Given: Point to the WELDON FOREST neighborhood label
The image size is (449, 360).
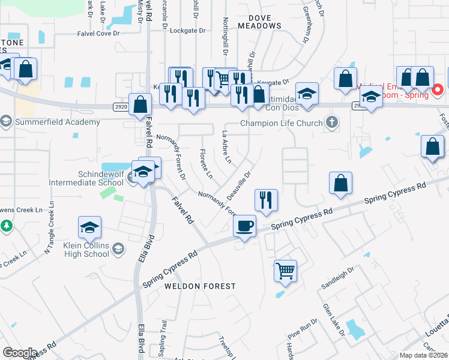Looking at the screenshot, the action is [200, 286].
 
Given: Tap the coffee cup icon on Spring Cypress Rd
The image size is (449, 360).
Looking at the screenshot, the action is [244, 226].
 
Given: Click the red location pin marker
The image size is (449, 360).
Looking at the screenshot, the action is [438, 91].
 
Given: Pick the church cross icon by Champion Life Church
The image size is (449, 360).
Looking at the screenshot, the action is [331, 122].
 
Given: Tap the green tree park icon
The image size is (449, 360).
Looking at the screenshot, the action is [7, 226].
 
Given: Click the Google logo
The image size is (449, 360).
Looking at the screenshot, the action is [20, 352].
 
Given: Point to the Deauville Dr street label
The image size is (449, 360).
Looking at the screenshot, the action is [238, 185].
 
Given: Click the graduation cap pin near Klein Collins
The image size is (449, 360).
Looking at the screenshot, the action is [89, 227].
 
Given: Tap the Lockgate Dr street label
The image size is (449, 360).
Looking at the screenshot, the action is [187, 30].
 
